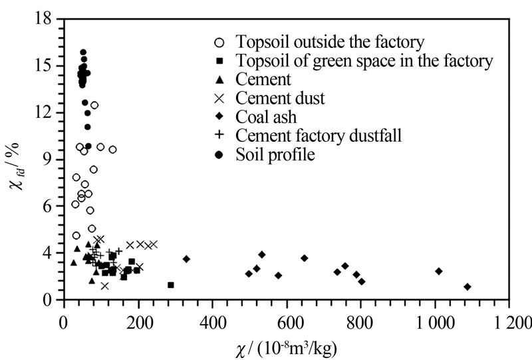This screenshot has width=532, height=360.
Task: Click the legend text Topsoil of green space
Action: point(364,61)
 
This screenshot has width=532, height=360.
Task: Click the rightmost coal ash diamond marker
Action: point(467,287)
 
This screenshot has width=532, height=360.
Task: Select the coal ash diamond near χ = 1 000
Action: point(439,271)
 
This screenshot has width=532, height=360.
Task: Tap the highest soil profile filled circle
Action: point(83,52)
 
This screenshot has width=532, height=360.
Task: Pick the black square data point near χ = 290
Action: point(171,285)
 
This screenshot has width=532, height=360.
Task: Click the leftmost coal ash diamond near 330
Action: point(186,259)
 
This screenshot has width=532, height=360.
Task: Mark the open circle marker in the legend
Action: point(219,43)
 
